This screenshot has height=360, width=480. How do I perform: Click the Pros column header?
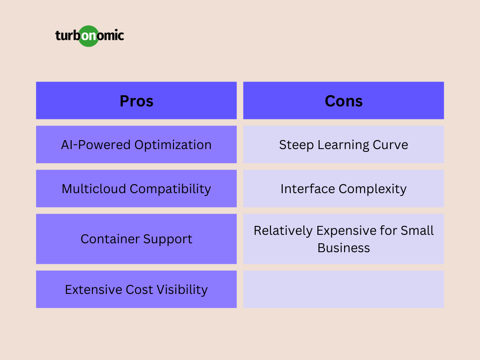point(136,100)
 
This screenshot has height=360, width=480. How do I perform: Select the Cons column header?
point(344,100)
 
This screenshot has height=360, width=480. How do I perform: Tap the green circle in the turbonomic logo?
point(89,36)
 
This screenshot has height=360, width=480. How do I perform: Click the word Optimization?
point(173,145)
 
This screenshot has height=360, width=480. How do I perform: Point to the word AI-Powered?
point(96,145)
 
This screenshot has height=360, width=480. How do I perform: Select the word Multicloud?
point(94,188)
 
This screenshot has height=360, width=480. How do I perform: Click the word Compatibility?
point(170,189)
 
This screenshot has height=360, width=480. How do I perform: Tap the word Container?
point(110,239)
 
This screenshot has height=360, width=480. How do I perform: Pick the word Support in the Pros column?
point(168,240)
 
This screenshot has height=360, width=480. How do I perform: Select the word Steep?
point(296,145)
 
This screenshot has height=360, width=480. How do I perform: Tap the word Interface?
point(307,188)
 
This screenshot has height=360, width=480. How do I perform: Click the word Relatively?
point(283,231)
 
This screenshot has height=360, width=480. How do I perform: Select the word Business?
point(344,248)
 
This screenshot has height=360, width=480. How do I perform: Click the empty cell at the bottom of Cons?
point(344,289)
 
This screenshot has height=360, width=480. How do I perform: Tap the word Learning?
point(343,145)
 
